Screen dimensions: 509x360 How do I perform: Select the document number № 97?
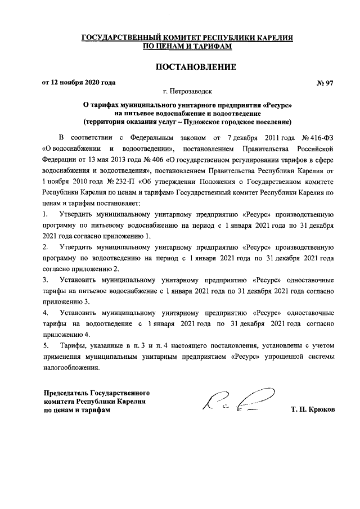pyautogui.click(x=325, y=83)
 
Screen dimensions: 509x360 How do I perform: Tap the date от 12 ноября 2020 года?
pyautogui.click(x=79, y=83)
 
